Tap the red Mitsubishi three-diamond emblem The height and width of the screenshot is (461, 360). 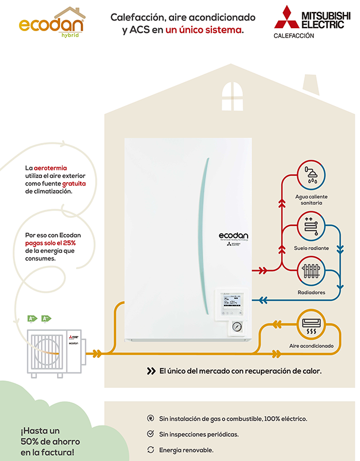click(285, 17)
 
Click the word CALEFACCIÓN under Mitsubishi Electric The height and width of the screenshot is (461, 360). click(294, 36)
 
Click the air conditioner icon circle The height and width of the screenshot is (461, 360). click(312, 325)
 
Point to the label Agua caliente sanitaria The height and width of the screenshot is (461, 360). click(312, 199)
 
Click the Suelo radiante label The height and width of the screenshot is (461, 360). click(312, 248)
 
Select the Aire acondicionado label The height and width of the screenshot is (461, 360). click(312, 347)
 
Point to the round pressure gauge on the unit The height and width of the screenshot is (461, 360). click(237, 326)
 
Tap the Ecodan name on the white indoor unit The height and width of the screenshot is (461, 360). click(233, 235)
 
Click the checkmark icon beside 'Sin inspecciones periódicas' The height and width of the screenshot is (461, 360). click(151, 434)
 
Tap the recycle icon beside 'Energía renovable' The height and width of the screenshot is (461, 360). click(151, 449)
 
